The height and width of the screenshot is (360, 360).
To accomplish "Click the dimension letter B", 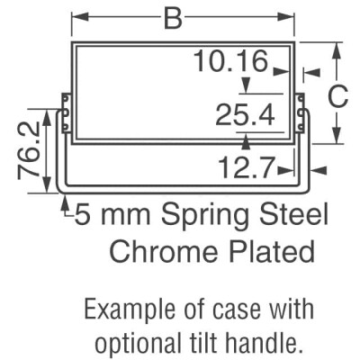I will coord(173,18).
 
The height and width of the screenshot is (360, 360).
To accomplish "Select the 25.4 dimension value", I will coord(244,115).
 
